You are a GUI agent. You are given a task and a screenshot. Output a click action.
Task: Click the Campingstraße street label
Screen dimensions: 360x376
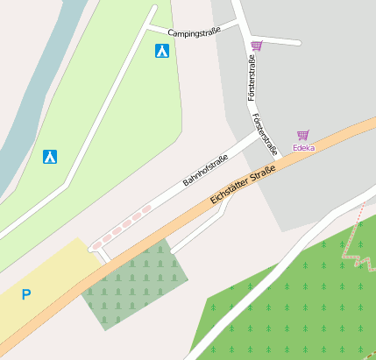(x=194, y=32)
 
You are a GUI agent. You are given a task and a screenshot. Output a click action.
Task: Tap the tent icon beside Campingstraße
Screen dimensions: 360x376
(x=162, y=51)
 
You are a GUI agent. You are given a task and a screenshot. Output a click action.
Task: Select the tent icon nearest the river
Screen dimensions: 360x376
(x=51, y=157)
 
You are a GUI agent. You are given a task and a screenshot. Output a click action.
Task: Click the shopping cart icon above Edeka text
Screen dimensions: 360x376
(x=303, y=135)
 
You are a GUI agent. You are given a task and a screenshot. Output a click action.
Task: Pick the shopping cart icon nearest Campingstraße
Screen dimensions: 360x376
(x=256, y=46)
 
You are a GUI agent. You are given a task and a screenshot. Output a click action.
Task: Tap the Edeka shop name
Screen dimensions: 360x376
(x=304, y=148)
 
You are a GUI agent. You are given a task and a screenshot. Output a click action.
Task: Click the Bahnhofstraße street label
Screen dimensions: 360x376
(x=206, y=169)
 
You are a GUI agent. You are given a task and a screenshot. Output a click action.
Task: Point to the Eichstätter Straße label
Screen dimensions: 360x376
(x=244, y=187)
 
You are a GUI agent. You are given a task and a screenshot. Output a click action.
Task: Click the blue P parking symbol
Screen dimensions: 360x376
(x=25, y=295)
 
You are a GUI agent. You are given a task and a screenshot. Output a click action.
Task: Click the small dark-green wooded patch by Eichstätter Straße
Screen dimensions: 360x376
(x=136, y=280)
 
